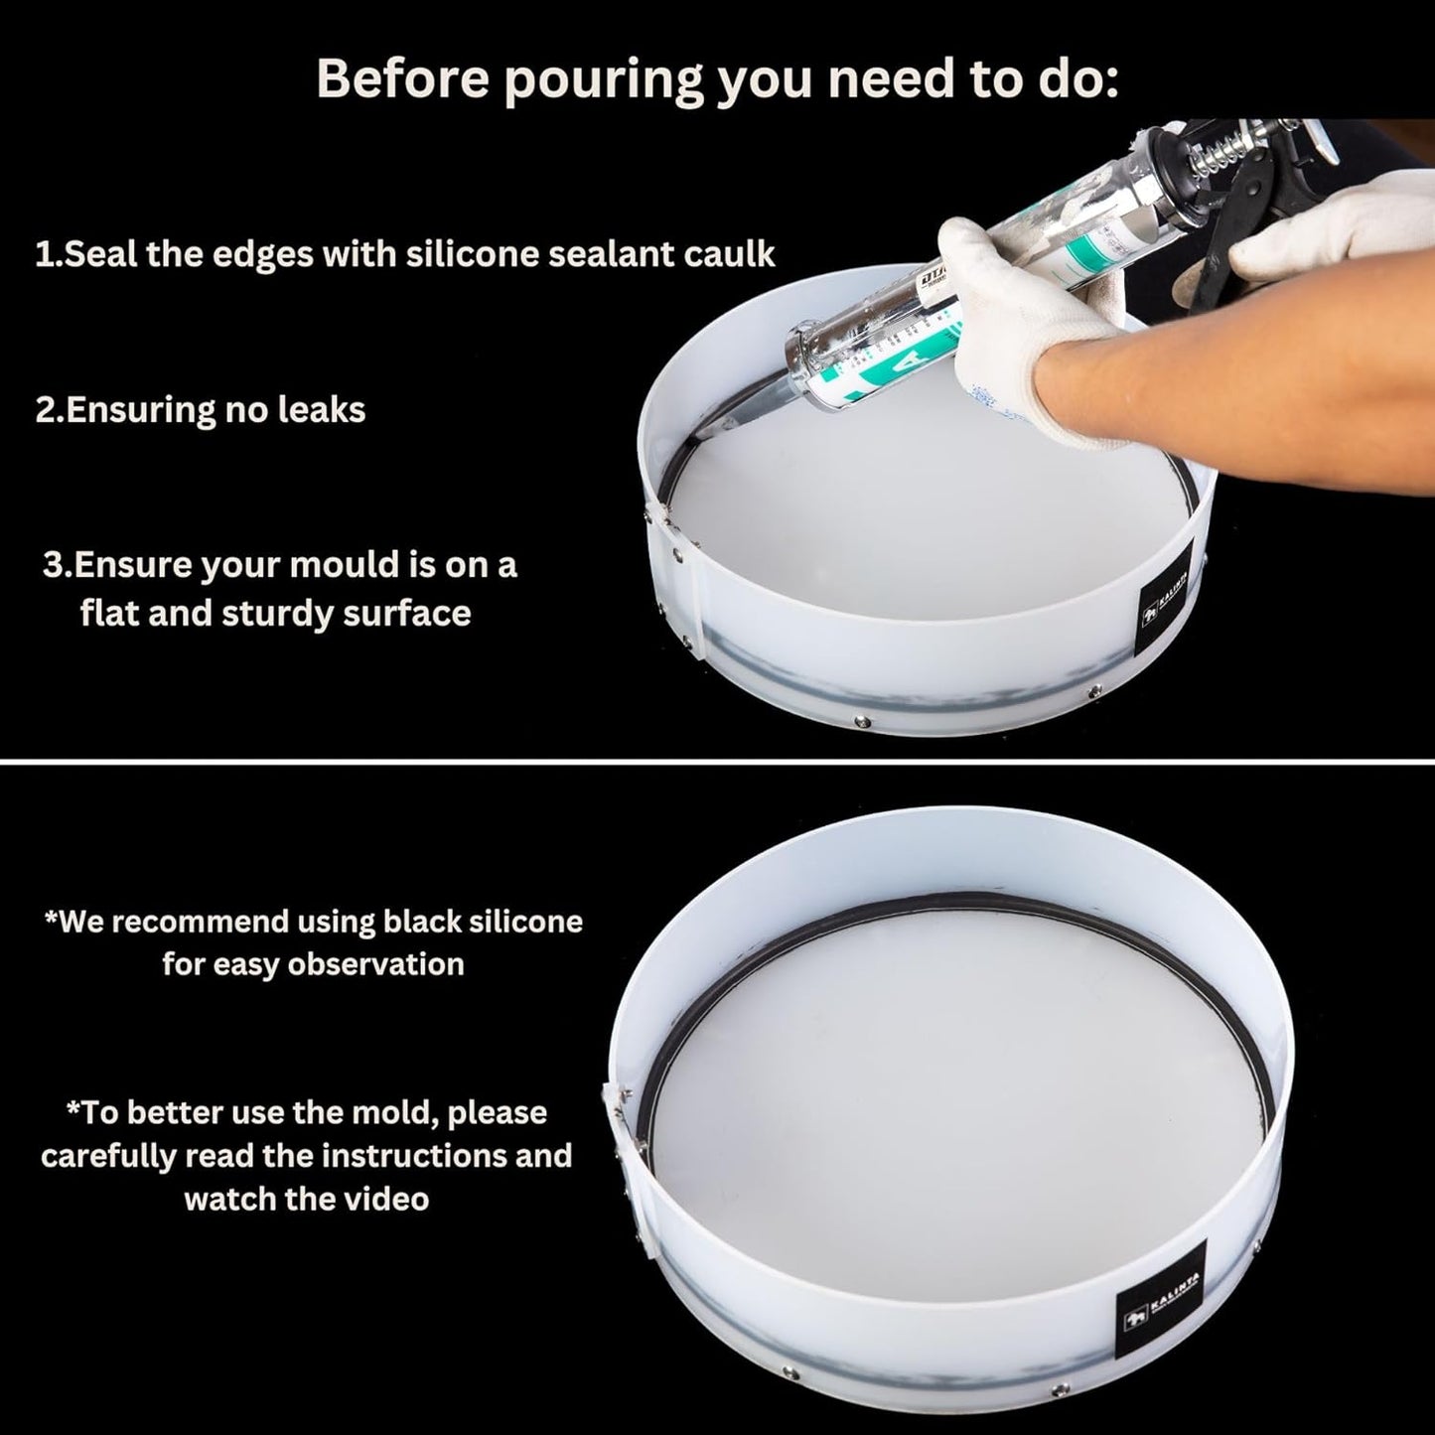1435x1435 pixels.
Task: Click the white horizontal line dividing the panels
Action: [717, 761]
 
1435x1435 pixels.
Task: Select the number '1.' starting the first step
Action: [48, 254]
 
